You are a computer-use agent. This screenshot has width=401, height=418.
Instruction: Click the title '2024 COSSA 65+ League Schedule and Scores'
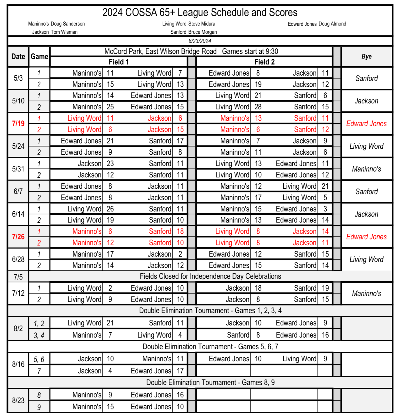pos(200,12)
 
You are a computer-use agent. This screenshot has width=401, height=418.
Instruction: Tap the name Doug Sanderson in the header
pos(68,24)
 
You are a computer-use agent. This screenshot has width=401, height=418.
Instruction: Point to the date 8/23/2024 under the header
pos(200,41)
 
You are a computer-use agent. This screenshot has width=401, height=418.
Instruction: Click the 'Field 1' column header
pos(118,62)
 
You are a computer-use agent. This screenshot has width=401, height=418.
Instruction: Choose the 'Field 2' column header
pos(264,62)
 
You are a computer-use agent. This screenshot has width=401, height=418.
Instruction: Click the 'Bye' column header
pos(366,56)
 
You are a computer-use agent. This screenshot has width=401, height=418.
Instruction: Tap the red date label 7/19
pos(18,124)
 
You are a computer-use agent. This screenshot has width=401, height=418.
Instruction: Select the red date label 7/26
pos(18,237)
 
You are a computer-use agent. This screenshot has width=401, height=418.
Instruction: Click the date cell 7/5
pos(18,277)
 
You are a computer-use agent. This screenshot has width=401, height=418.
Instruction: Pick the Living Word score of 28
pos(258,107)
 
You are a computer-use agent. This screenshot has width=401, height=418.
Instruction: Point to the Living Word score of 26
pos(110,209)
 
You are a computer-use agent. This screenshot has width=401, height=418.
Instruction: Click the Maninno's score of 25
pos(110,107)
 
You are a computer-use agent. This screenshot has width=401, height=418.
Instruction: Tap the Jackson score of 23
pos(110,163)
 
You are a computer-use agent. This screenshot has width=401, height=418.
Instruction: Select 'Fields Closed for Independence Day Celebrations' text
pos(210,276)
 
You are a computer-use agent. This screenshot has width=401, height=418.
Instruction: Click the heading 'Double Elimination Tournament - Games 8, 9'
pos(210,382)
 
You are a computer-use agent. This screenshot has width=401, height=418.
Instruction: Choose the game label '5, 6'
pos(39,359)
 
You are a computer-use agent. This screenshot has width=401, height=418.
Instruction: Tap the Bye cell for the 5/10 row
pos(366,101)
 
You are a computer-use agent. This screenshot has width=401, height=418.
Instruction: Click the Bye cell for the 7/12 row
pos(366,293)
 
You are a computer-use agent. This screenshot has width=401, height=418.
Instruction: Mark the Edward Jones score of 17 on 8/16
pos(180,371)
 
